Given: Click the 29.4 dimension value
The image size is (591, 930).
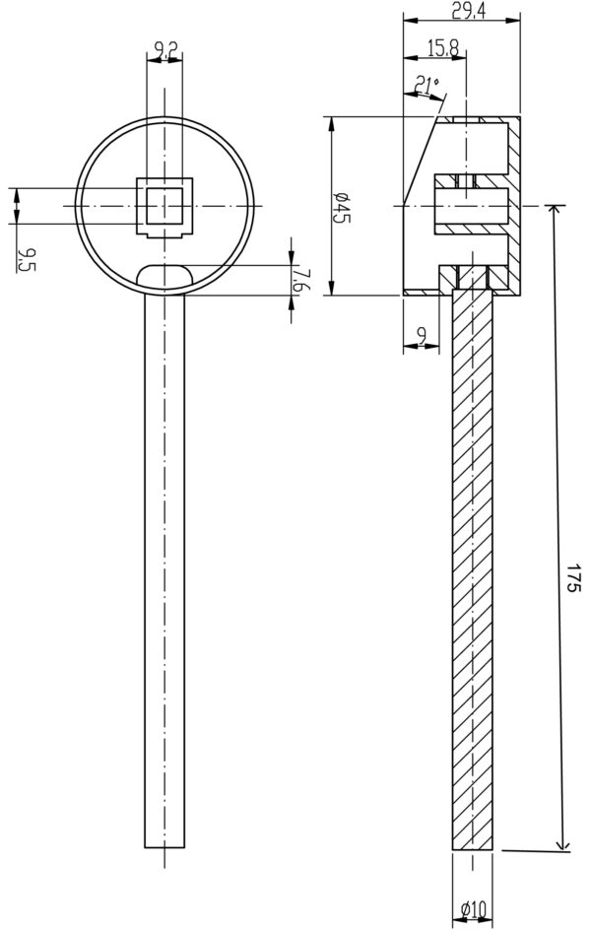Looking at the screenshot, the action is (469, 11).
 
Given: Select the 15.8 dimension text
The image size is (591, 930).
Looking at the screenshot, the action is (442, 48).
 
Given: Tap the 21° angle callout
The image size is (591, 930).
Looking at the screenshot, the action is (427, 86).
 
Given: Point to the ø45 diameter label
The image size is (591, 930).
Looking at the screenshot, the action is (342, 207).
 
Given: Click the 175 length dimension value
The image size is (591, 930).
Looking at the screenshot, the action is (571, 577).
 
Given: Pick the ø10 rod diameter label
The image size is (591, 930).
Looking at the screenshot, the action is (473, 907).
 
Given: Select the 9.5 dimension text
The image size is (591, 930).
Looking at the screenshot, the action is (26, 260).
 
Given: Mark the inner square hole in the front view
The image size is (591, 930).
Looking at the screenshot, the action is (164, 206).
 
